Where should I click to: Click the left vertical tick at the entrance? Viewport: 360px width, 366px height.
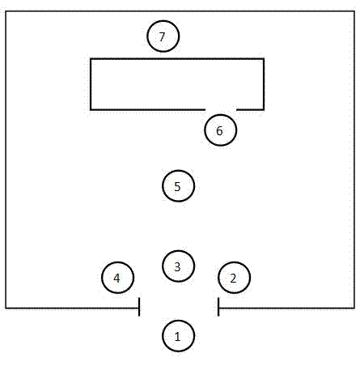[139, 307]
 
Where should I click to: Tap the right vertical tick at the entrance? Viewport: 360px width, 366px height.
[218, 307]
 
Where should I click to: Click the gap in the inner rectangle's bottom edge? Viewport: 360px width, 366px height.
[221, 109]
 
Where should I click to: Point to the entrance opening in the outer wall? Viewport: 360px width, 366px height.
[179, 308]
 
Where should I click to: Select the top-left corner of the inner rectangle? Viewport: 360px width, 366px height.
[91, 58]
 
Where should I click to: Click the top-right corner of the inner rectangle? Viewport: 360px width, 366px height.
[264, 58]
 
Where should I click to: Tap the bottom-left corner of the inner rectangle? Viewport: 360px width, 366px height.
[91, 109]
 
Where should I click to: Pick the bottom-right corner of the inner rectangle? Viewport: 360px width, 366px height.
[264, 109]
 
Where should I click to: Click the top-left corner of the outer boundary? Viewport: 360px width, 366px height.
[6, 11]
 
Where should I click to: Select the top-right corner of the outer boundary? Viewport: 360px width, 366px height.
[354, 11]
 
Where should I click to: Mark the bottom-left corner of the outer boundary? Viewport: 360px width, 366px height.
[6, 308]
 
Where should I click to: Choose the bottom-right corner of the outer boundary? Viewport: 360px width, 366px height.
[354, 308]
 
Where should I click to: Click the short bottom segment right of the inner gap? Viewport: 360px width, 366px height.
[250, 109]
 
